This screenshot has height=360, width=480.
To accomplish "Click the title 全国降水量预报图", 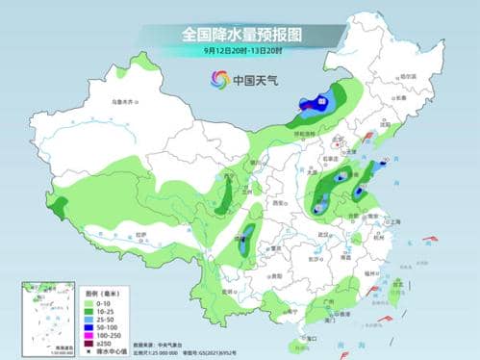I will tap(240, 34).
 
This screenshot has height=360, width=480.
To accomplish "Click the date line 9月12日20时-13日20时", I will tap(240, 50).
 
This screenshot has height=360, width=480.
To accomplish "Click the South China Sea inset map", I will tap(49, 316).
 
